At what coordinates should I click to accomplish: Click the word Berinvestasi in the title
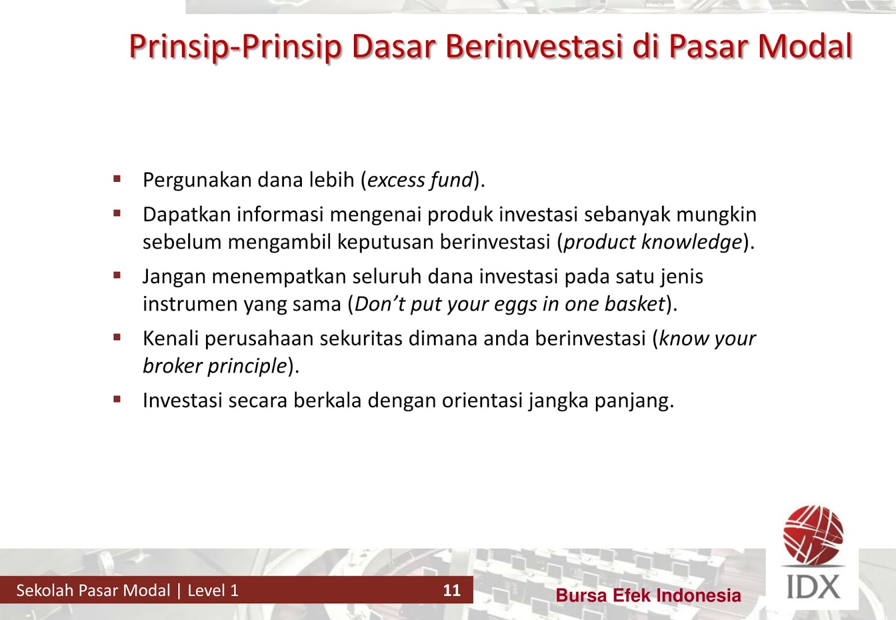click(534, 46)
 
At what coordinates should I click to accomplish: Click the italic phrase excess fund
click(421, 180)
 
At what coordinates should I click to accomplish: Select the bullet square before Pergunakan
click(117, 179)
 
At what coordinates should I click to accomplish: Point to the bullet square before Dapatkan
click(117, 213)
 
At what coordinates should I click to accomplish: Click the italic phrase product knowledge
click(652, 242)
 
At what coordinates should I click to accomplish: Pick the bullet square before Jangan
click(117, 275)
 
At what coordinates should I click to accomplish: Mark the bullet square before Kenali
click(117, 337)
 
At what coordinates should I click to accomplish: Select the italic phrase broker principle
click(215, 366)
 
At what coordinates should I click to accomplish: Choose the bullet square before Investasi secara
click(117, 400)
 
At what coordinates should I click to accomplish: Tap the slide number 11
click(451, 590)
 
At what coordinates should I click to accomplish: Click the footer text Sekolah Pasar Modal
click(93, 590)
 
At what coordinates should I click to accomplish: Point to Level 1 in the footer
click(213, 590)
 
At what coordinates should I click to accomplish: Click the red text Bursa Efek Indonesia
click(648, 595)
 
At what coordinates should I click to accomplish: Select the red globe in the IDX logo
click(813, 534)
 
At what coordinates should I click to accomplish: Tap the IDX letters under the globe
click(813, 587)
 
